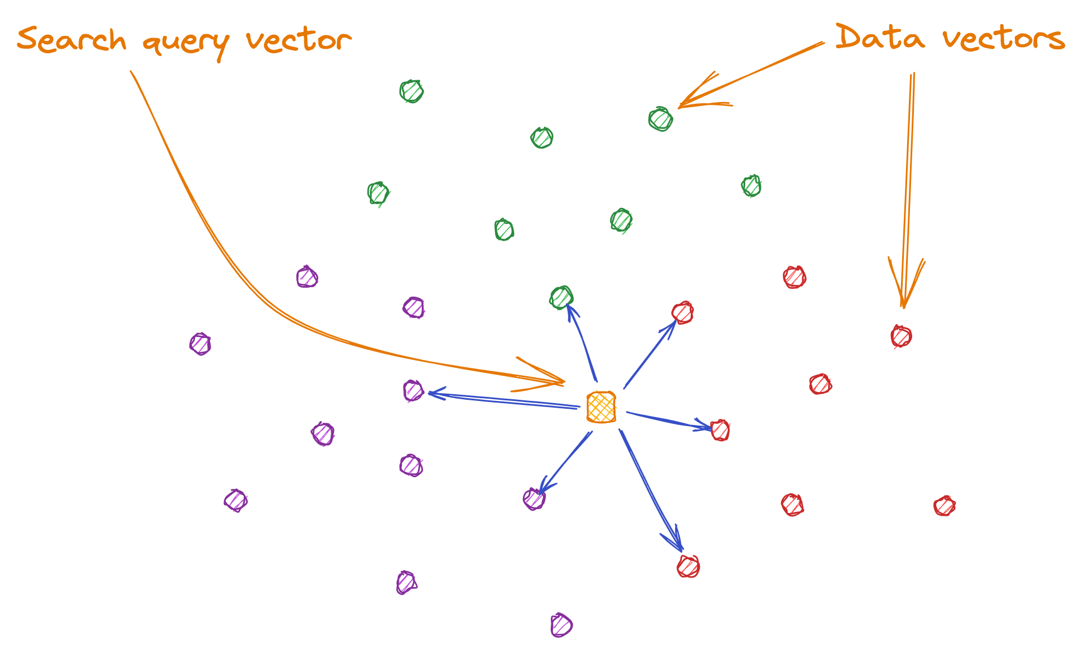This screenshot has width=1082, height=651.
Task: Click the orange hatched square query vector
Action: tap(601, 407)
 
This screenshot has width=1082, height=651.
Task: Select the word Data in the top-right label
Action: tap(880, 38)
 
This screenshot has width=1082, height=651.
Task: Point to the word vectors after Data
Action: tap(1003, 39)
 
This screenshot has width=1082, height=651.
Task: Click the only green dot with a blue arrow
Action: tap(561, 298)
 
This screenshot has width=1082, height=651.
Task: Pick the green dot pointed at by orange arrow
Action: tap(661, 119)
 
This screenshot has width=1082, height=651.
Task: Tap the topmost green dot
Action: tap(411, 91)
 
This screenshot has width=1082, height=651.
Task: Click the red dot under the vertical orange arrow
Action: tap(901, 336)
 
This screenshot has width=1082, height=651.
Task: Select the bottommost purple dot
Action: tap(561, 625)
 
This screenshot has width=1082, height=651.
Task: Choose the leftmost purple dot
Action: tap(200, 344)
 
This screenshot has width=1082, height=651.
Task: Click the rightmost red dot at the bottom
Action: tap(944, 506)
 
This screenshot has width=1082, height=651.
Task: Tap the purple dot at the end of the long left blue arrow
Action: tap(414, 391)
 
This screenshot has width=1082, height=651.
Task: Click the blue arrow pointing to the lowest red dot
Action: tap(650, 488)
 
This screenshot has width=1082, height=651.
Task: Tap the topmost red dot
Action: tap(795, 277)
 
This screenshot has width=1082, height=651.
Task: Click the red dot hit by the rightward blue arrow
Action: tap(720, 431)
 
